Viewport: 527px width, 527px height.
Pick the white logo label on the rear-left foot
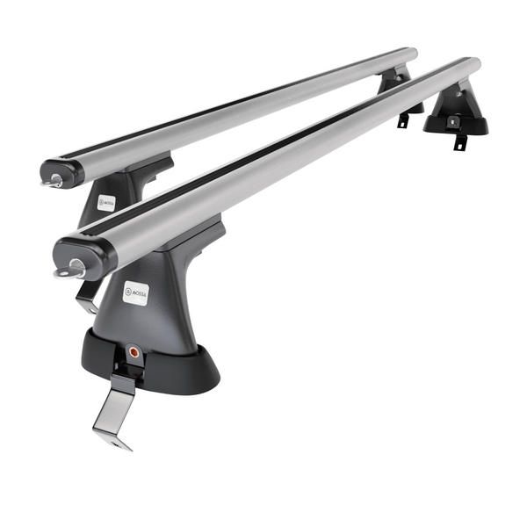pyautogui.click(x=106, y=203)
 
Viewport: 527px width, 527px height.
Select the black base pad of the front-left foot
pyautogui.click(x=149, y=365)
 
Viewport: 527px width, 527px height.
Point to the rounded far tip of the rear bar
pyautogui.click(x=409, y=54)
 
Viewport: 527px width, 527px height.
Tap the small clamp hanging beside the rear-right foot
pyautogui.click(x=402, y=119)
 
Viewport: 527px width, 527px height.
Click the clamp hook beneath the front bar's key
pyautogui.click(x=85, y=298)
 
